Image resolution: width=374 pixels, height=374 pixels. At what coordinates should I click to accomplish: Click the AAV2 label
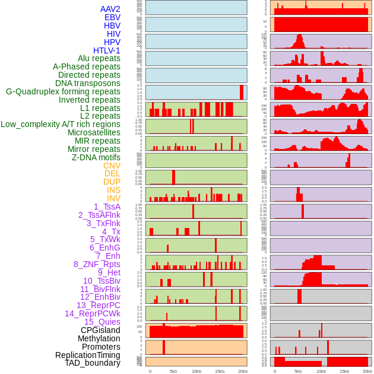point(110,9)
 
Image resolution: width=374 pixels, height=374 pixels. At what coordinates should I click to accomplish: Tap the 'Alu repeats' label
point(99,58)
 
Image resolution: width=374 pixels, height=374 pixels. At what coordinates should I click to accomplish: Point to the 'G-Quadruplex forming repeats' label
point(63,91)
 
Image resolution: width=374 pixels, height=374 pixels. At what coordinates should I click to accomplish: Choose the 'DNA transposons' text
point(88,83)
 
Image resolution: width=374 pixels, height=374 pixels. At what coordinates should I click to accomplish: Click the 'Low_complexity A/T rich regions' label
point(61,124)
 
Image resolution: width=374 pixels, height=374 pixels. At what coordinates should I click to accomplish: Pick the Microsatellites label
point(94,132)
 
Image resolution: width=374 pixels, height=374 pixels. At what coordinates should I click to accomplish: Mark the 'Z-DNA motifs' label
point(96,157)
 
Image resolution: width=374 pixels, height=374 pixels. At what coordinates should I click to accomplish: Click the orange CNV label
point(112,166)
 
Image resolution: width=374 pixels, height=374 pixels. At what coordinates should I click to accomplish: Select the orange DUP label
point(112,182)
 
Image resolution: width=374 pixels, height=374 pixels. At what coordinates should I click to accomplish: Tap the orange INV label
point(113,198)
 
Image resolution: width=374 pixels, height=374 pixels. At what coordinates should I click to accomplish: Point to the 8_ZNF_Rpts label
point(97,264)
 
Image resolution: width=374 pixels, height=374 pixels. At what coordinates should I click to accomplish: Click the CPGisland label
point(100,330)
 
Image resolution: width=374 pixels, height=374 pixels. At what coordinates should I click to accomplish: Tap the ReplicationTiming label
point(87,355)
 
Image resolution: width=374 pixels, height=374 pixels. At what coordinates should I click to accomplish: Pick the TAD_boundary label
point(93,363)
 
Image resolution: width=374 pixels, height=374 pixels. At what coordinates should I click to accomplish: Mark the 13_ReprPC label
point(98,305)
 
